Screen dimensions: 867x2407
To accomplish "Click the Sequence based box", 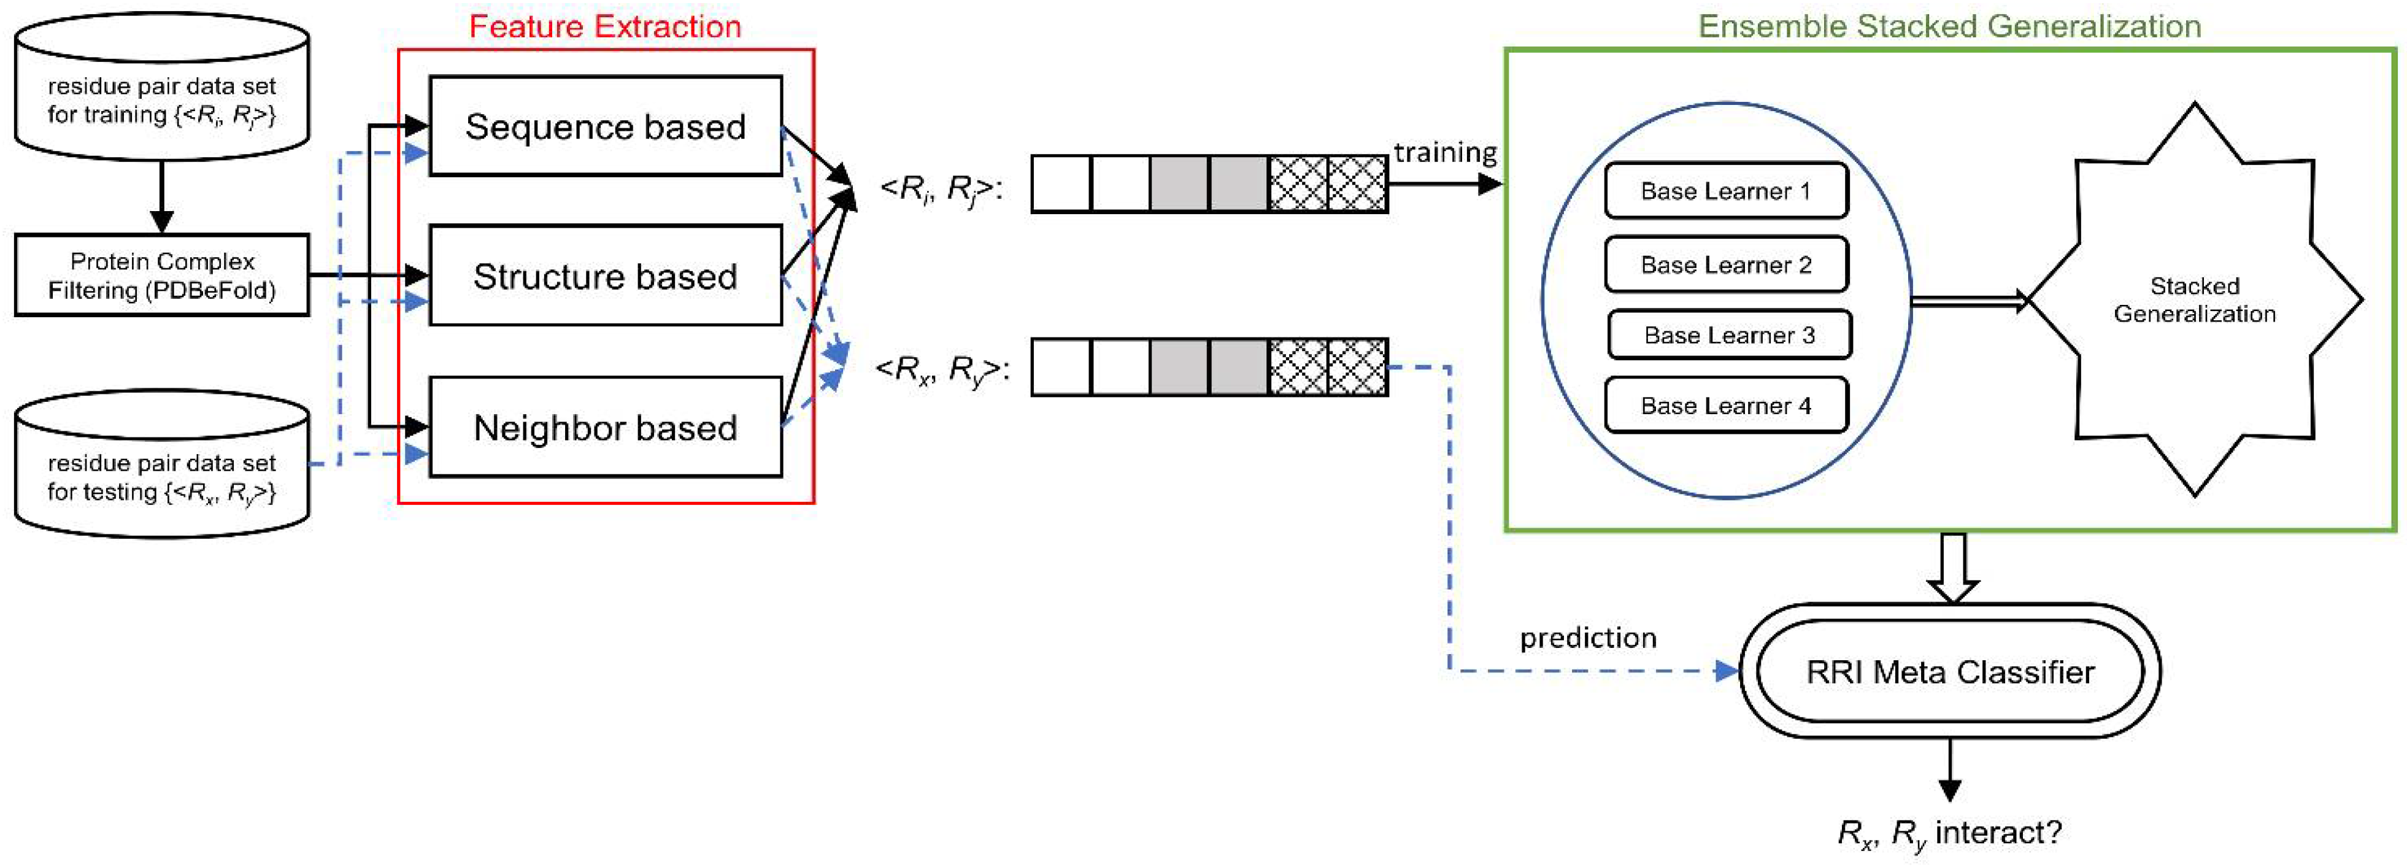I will (x=606, y=126).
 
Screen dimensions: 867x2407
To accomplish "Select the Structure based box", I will (x=606, y=276).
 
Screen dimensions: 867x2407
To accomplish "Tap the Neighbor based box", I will (x=606, y=427).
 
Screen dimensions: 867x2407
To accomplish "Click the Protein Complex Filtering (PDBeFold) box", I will (x=161, y=276).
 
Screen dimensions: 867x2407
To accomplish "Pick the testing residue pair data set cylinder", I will (x=161, y=467).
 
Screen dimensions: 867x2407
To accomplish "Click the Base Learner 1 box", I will (x=1725, y=191).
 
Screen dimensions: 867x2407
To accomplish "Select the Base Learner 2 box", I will (x=1725, y=264).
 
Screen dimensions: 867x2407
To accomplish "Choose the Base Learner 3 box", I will (x=1728, y=334).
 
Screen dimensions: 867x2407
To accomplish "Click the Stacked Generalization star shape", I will (x=2194, y=299).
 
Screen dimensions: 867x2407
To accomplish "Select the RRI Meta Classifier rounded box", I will (x=1949, y=671).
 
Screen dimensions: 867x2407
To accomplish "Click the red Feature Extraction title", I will (x=604, y=26).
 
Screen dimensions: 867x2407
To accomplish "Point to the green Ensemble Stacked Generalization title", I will (x=1949, y=26).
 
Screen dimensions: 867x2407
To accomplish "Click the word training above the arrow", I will (x=1444, y=152).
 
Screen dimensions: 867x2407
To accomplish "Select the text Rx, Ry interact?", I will (x=1949, y=831).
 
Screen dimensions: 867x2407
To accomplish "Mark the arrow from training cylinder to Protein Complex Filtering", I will (x=161, y=196).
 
